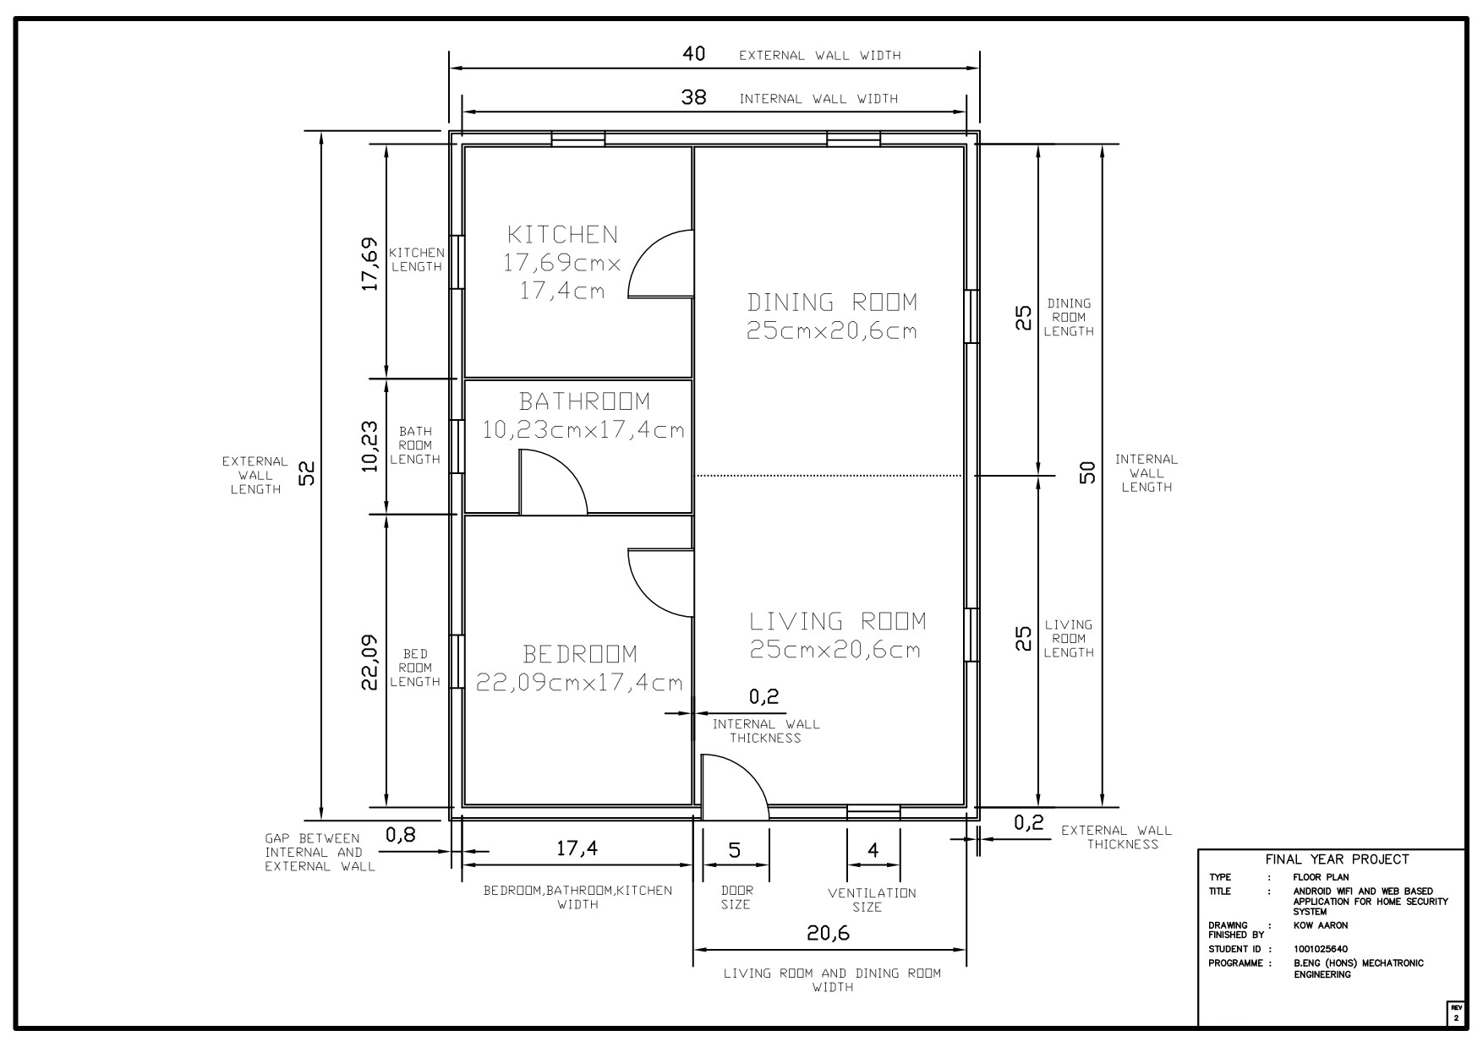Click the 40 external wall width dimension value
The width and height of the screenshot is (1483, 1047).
[x=693, y=54]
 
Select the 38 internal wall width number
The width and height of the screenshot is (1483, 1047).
[x=693, y=97]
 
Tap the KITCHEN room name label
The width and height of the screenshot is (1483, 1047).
[x=562, y=234]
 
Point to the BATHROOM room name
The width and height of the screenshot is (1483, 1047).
[x=584, y=401]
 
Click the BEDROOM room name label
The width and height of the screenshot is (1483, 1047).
[x=580, y=654]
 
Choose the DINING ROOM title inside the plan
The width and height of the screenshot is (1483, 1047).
[x=832, y=302]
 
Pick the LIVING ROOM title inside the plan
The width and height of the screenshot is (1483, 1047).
[x=837, y=621]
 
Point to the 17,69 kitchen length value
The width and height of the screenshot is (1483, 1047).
[x=369, y=264]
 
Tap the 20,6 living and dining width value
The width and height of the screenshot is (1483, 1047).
[x=828, y=933]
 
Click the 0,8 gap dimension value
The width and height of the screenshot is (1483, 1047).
[x=401, y=835]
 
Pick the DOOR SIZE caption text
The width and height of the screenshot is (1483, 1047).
[x=736, y=897]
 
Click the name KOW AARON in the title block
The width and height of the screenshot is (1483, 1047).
[x=1321, y=925]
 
